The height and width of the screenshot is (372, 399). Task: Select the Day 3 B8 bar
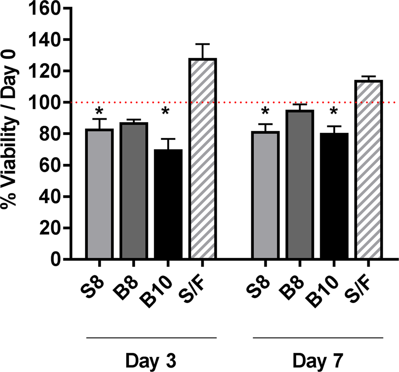pos(134,192)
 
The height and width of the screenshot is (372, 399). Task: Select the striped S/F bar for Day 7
pos(368,169)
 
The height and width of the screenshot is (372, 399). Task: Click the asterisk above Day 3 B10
pos(165,111)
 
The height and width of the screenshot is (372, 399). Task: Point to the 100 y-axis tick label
pos(47,102)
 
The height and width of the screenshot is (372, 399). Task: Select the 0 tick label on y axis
pos(56,259)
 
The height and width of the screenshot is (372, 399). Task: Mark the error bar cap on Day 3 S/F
pos(203,44)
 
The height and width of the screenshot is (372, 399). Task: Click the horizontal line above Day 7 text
pos(317,338)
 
